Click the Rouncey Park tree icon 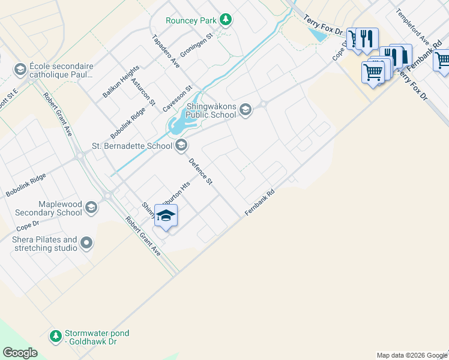[x=225, y=20]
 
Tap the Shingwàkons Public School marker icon [x=245, y=109]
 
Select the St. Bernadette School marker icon [x=181, y=145]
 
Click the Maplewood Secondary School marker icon [x=91, y=208]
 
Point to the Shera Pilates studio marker [x=86, y=243]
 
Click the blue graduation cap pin [x=166, y=215]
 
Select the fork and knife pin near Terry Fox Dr [x=367, y=39]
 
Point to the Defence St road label [x=201, y=171]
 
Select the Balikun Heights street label [x=121, y=82]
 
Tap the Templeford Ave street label [x=412, y=26]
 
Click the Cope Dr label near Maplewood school [x=28, y=226]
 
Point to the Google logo [x=20, y=352]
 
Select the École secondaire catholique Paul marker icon [x=20, y=70]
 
